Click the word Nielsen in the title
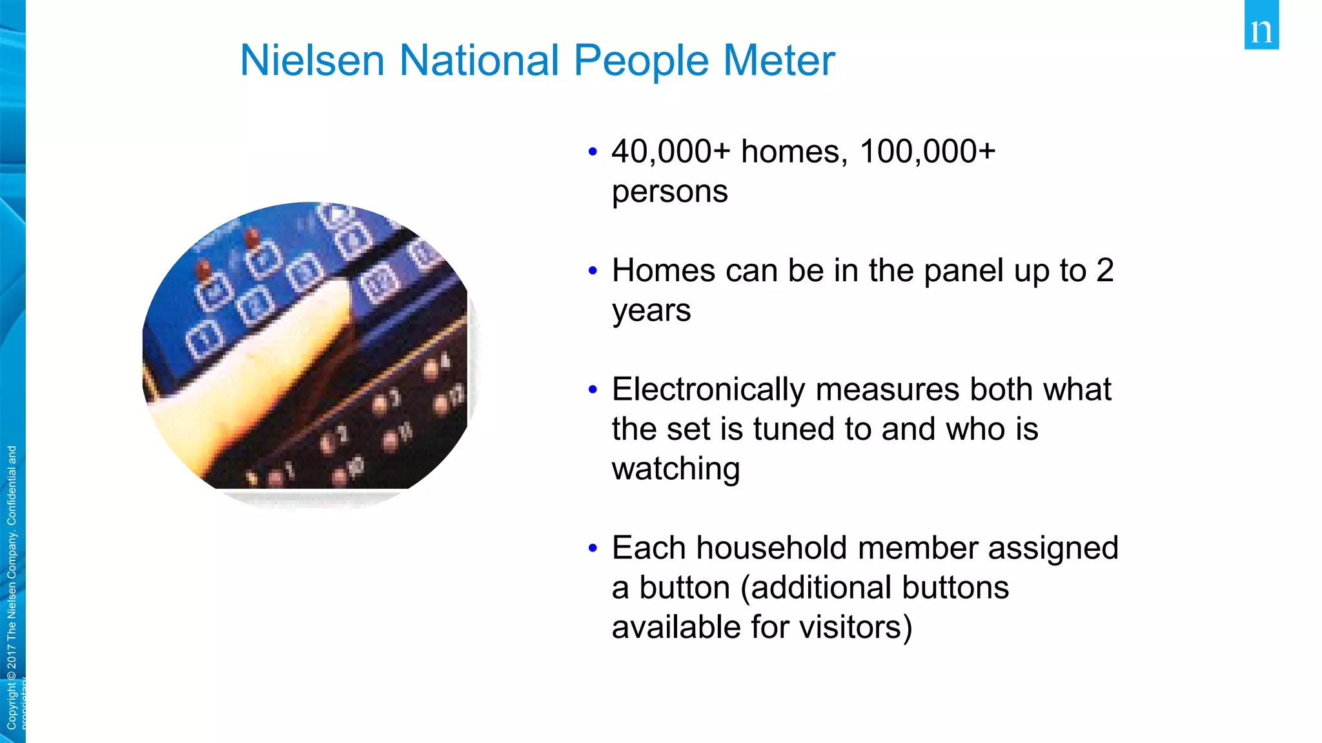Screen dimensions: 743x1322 click(x=312, y=61)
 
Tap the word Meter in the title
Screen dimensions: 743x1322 click(x=779, y=61)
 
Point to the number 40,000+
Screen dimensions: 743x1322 click(x=671, y=152)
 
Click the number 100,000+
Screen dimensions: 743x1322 click(x=928, y=152)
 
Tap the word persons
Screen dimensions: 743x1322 click(x=669, y=192)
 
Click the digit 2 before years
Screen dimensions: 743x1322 click(x=1105, y=271)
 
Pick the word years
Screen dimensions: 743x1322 click(x=651, y=311)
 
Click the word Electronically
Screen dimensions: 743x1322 click(x=708, y=390)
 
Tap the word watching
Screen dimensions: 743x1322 click(x=675, y=469)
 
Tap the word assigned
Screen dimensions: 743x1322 click(x=1053, y=548)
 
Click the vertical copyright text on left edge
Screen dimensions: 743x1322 click(x=12, y=587)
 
